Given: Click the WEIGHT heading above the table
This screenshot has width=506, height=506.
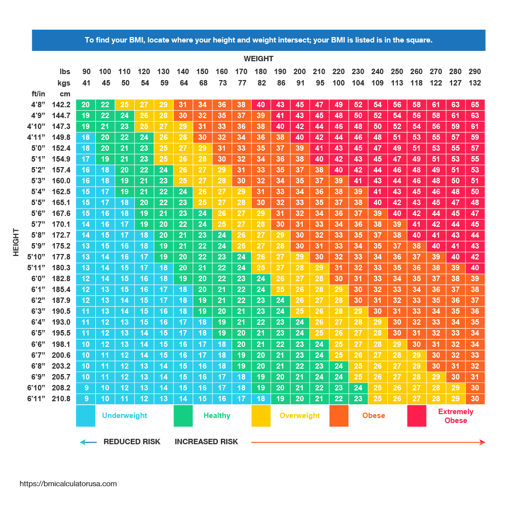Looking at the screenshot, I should pos(258,59).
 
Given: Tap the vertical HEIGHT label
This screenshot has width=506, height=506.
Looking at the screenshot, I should pos(16,242).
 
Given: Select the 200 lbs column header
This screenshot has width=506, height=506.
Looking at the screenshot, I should pos(299,72).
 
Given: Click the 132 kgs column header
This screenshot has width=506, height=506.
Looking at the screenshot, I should pos(475,83).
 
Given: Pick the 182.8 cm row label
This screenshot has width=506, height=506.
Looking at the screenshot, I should pos(61,279).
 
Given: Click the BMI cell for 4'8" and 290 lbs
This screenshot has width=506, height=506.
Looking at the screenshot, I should pos(475,105).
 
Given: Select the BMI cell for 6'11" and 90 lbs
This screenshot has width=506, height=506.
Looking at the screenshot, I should pos(86,399).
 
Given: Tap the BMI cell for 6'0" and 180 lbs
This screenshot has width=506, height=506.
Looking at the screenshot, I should pos(261,279).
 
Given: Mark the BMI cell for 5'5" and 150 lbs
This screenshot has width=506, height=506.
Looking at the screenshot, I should pos(203,203).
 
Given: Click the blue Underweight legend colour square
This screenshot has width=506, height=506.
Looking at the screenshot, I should pos(85,416).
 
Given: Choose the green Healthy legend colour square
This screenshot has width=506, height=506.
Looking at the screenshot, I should pos(183,416).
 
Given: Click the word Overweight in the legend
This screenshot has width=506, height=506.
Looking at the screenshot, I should pos(300,416).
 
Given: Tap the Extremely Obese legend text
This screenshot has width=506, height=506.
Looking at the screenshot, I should pos(456,416).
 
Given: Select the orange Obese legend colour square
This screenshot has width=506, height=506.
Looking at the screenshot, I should pos(339,416).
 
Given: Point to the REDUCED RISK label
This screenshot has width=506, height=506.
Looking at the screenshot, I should pos(132,442).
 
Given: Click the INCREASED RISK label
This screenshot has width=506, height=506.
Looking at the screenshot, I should pos(206,442).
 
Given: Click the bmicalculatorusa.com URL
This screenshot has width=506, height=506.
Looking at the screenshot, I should pos(68,484).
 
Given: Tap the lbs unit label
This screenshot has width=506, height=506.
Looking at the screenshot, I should pos(65,72).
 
